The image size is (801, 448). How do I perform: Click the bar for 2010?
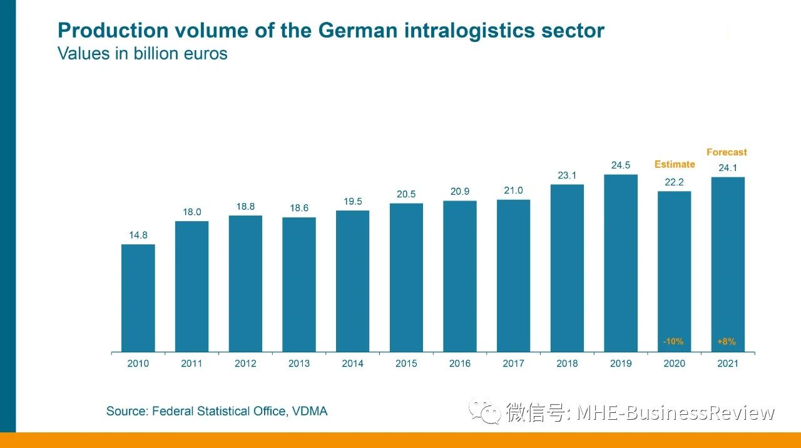[138, 298]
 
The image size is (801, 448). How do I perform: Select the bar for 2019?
[621, 263]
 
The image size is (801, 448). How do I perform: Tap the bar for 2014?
[352, 281]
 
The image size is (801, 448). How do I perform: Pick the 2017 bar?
[513, 276]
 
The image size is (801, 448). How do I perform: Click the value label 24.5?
[621, 165]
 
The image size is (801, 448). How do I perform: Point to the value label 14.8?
[138, 236]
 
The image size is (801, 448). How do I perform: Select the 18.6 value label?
[299, 208]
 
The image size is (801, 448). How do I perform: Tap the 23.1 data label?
[567, 175]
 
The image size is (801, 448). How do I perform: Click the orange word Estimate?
[675, 164]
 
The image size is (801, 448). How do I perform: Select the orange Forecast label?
[727, 152]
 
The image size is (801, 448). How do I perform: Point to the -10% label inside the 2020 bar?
[673, 342]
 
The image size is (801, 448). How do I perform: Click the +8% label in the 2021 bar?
[727, 342]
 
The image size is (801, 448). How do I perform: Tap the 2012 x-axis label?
[245, 363]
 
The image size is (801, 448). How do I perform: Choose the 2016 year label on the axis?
[460, 363]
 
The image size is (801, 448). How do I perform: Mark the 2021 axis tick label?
[728, 363]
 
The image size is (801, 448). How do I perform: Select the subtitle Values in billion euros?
[143, 54]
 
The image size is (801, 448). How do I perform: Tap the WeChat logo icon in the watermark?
[485, 412]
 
